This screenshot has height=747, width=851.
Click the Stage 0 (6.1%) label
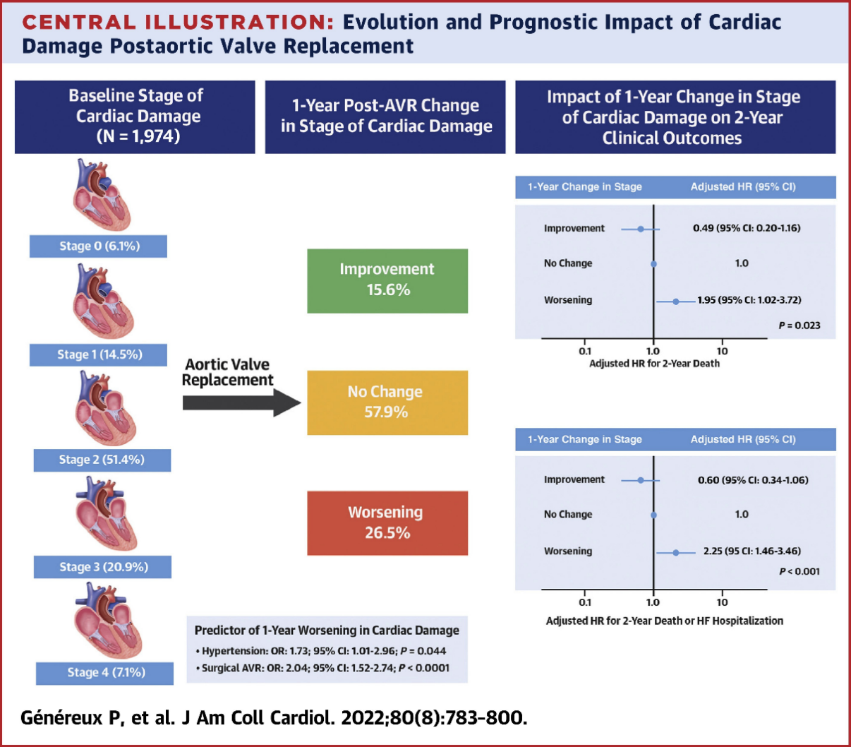pos(99,246)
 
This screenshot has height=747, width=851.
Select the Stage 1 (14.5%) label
pos(99,354)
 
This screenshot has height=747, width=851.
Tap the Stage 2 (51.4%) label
pos(102,460)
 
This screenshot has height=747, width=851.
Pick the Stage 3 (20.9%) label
pos(102,567)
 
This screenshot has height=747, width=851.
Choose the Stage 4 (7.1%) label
pos(105,673)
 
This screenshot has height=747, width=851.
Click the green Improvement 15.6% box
pos(387,280)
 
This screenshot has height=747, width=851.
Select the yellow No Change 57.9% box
pos(387,402)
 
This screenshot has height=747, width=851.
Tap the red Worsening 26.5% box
pos(387,523)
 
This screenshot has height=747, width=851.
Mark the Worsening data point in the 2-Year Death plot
pos(675,301)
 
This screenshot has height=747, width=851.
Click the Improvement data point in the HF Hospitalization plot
pos(641,480)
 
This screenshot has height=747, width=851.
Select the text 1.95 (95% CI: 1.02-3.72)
pos(749,300)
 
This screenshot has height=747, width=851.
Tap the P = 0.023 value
pos(799,325)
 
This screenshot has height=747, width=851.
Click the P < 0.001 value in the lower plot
pos(799,571)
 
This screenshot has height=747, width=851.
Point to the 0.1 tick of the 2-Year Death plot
pos(585,351)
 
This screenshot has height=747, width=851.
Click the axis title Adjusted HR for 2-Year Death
pos(654,364)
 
